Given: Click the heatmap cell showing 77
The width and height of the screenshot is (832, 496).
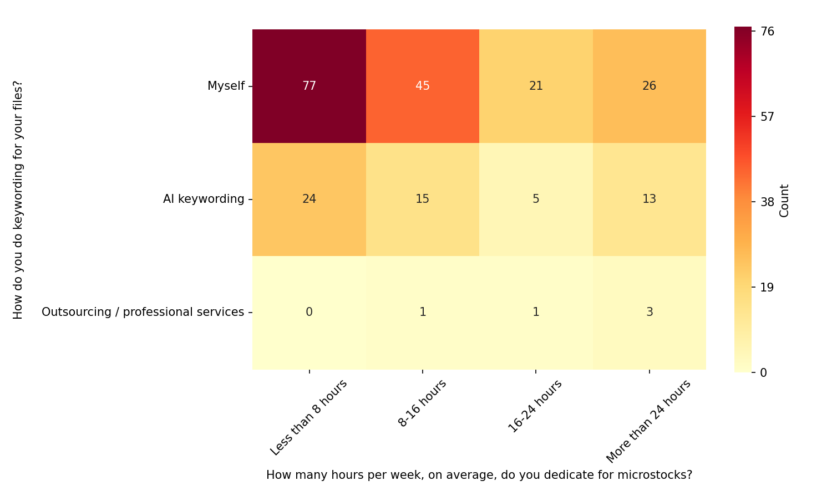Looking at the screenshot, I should point(309,86).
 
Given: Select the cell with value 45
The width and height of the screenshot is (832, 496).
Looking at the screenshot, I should point(423,86).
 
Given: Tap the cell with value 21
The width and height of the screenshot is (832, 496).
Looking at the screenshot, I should point(536,86).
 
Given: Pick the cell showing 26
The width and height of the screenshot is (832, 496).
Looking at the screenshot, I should point(649,86).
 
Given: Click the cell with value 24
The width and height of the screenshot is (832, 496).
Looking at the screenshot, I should point(309,199).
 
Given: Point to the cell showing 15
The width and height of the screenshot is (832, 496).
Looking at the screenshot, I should point(423,199).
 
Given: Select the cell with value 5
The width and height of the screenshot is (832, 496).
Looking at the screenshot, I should point(536,199).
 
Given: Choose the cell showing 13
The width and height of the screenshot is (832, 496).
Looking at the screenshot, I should point(649,199).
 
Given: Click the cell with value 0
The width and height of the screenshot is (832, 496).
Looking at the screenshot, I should point(309,312).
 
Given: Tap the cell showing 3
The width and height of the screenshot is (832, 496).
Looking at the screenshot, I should point(649,312).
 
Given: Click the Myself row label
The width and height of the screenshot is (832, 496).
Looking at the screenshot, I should point(226,86).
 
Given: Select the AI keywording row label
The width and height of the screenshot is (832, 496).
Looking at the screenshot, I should point(204,199).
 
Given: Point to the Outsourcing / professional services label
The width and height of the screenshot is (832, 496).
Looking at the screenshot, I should point(143,312).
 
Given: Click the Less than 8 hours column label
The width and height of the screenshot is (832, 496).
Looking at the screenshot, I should point(309,417).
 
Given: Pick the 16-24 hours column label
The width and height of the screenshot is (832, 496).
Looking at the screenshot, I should point(535,406).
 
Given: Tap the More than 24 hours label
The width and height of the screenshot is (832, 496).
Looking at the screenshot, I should point(648,421).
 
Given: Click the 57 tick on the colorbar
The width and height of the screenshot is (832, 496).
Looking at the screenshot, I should point(768,117).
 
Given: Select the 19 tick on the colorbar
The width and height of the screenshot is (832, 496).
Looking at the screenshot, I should point(768,287).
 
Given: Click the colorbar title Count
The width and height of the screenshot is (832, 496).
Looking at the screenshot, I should point(784,201).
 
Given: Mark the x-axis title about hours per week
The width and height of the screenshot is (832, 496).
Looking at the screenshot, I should point(479,475).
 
